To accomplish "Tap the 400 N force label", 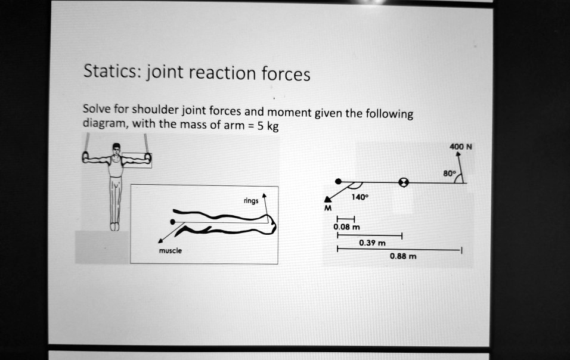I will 461,145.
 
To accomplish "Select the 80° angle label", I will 449,173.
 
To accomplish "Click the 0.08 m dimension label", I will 346,227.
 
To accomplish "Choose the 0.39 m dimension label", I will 372,243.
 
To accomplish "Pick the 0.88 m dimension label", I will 403,256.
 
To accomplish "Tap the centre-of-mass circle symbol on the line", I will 404,181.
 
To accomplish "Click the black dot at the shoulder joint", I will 338,181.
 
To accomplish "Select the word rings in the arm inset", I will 250,201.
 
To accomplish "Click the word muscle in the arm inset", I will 170,251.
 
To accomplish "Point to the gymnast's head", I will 117,149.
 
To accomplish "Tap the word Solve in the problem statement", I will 94,109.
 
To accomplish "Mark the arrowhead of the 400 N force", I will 458,154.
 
